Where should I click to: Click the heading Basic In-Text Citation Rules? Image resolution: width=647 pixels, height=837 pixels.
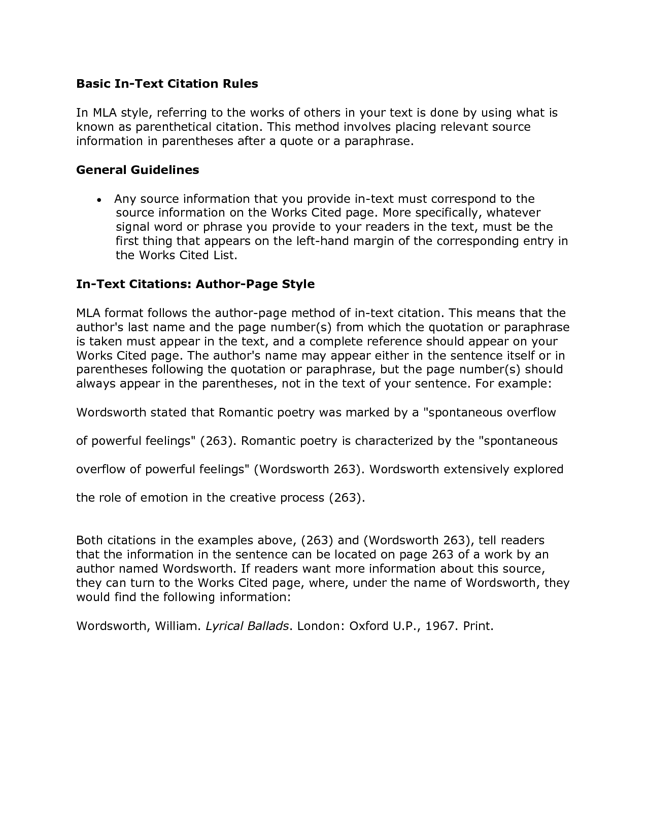[167, 84]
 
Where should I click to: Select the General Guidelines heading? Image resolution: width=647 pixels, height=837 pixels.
[138, 170]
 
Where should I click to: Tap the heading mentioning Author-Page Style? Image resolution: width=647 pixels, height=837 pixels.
[195, 284]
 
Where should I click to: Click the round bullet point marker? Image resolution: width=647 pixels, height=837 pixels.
[100, 200]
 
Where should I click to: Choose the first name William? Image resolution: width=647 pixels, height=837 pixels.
[177, 626]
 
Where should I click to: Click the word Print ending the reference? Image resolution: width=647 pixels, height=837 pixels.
[477, 626]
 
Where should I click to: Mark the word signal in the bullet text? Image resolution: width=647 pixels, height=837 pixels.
[131, 227]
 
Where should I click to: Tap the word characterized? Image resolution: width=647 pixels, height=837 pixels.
[394, 441]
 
